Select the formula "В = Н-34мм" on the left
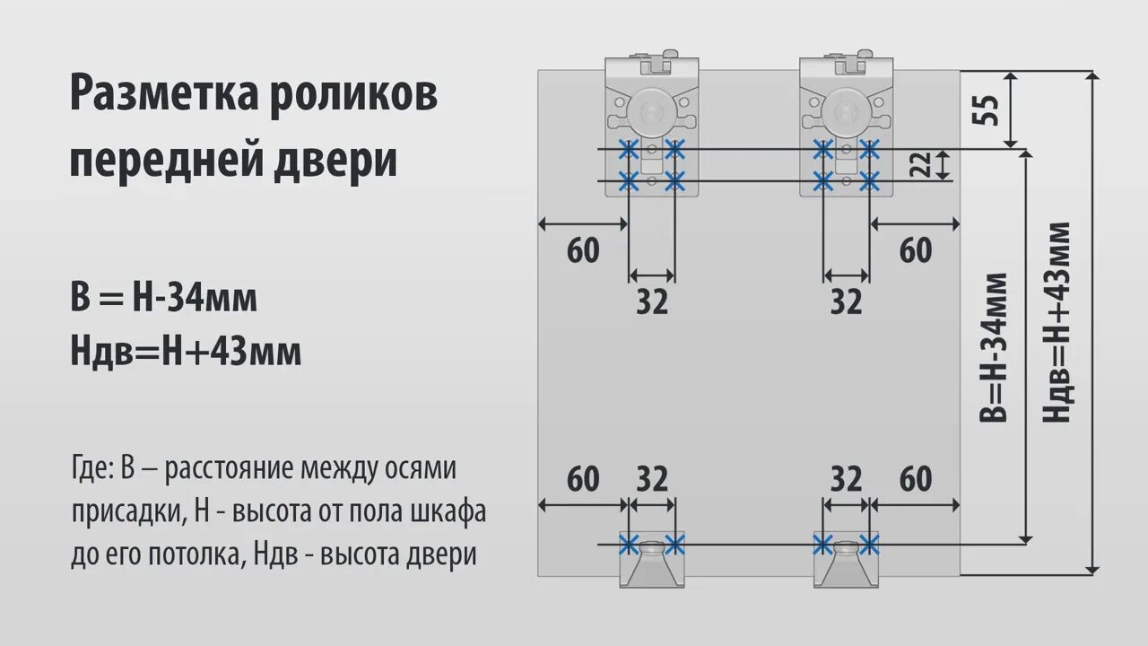click(164, 298)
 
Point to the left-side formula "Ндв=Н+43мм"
click(186, 353)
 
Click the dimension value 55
click(985, 109)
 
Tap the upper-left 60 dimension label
click(583, 251)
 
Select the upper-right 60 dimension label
click(915, 251)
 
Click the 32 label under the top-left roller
click(652, 302)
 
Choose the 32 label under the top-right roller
click(846, 302)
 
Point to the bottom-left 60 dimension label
click(583, 480)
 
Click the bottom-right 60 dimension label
click(915, 480)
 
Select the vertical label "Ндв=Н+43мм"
click(1058, 323)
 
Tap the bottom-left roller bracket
click(652, 570)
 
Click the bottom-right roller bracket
click(846, 570)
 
